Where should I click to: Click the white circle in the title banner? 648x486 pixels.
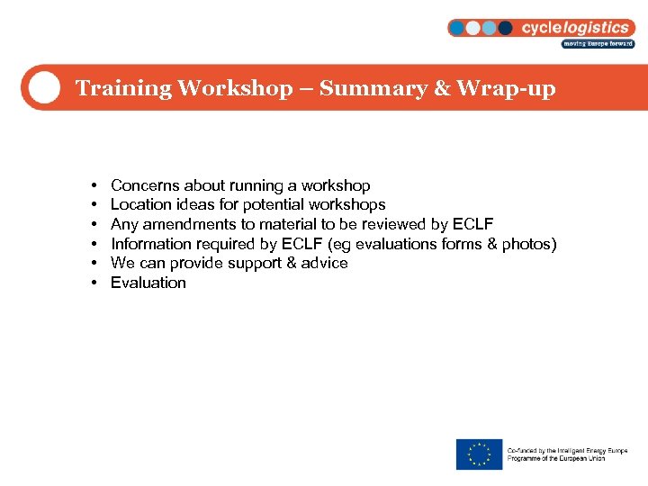[x=42, y=88]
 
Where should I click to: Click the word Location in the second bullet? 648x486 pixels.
[x=140, y=204]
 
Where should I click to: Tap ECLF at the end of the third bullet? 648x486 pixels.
[x=472, y=224]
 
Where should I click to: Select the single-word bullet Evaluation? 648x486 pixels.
[x=148, y=283]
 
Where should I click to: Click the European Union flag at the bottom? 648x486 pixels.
[x=479, y=454]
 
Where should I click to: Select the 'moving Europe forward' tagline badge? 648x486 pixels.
[x=598, y=43]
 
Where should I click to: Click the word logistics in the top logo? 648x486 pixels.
[x=598, y=27]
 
